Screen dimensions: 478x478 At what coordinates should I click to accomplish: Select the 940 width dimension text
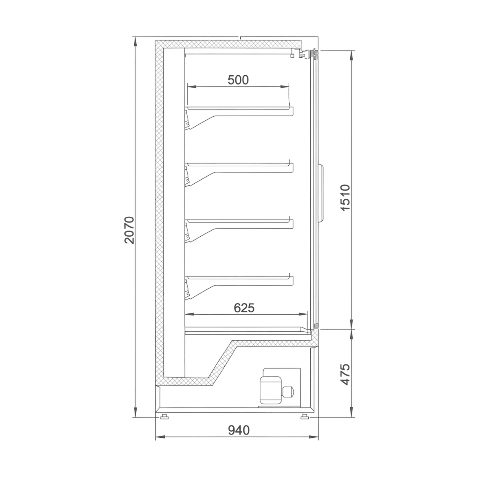(x=239, y=430)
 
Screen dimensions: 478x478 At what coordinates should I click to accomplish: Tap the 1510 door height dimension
(x=345, y=198)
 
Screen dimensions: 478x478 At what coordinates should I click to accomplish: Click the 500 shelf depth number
(x=238, y=80)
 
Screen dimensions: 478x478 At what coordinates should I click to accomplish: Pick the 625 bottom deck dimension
(x=244, y=308)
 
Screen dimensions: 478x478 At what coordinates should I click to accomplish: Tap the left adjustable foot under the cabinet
(x=163, y=417)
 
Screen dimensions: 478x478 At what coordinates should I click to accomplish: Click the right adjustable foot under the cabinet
(x=305, y=417)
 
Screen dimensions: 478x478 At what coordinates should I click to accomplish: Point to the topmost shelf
(x=239, y=108)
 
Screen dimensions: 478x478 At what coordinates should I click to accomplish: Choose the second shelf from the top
(x=239, y=164)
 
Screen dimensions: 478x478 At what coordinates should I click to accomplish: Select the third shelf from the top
(x=239, y=220)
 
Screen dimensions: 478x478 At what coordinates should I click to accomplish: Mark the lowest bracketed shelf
(x=239, y=276)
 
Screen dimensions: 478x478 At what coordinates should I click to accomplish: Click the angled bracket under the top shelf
(x=201, y=121)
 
